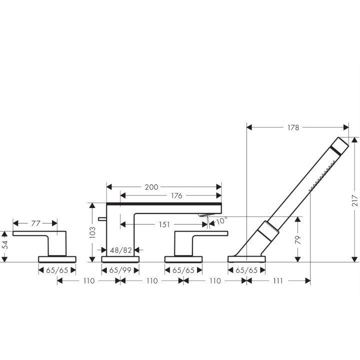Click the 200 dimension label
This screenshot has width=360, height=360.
click(x=151, y=187)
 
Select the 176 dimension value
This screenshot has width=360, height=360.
click(x=176, y=195)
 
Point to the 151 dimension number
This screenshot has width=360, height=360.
click(x=164, y=224)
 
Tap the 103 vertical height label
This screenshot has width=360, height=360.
click(x=92, y=232)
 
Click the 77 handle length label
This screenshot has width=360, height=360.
click(x=36, y=223)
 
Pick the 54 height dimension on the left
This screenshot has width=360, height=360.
click(x=5, y=244)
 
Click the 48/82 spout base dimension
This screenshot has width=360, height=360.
click(x=121, y=250)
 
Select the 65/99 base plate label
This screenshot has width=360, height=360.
click(x=120, y=270)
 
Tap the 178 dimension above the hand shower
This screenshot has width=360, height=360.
click(x=293, y=127)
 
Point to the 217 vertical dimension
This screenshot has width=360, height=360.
click(x=354, y=200)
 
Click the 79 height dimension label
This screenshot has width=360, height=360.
click(x=297, y=239)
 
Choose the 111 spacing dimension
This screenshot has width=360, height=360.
click(x=278, y=281)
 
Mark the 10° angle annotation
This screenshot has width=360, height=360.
click(x=221, y=220)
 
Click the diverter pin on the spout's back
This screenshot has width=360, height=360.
click(x=102, y=219)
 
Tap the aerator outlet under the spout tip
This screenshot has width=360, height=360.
click(x=206, y=214)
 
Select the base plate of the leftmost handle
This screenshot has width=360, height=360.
click(x=57, y=259)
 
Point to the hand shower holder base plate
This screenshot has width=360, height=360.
click(x=246, y=259)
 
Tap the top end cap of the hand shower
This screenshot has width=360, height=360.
click(x=340, y=145)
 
